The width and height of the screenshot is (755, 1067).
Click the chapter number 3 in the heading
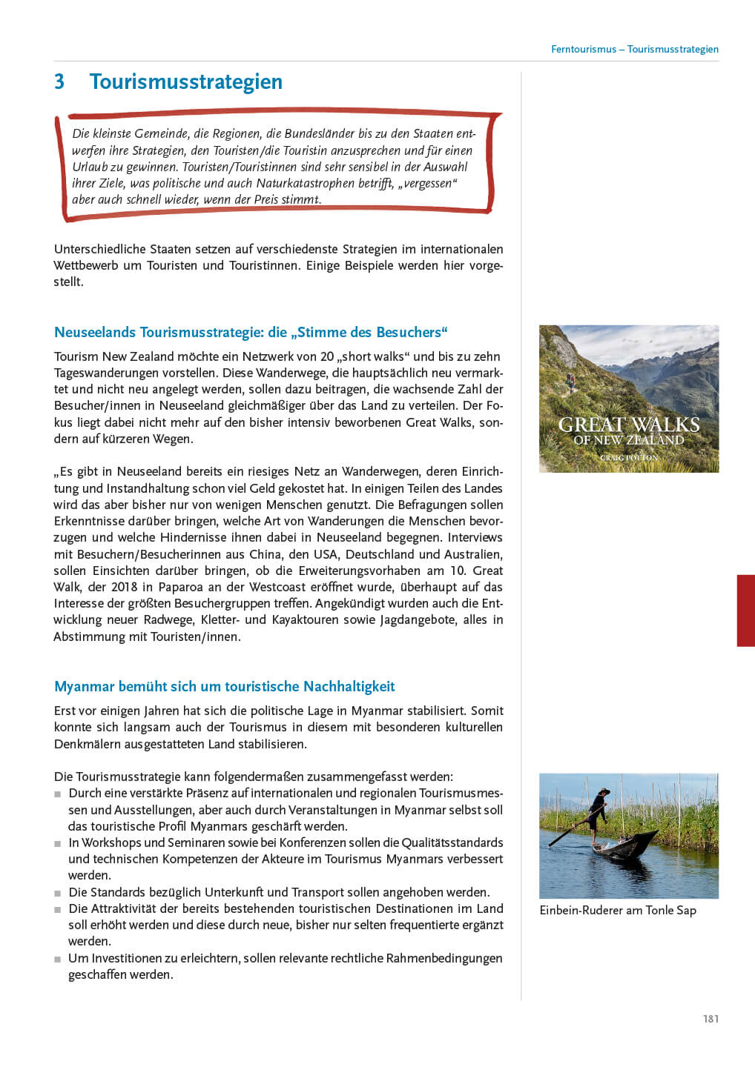pyautogui.click(x=59, y=82)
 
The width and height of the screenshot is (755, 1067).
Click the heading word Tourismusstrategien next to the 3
pyautogui.click(x=185, y=82)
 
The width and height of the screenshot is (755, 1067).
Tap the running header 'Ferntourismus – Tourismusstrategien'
pyautogui.click(x=634, y=50)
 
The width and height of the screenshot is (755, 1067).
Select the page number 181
pyautogui.click(x=711, y=1019)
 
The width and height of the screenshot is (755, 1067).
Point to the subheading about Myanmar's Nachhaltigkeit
pyautogui.click(x=224, y=686)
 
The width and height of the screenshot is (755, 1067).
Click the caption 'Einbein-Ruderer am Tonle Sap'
pyautogui.click(x=618, y=910)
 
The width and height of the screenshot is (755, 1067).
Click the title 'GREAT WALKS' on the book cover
pyautogui.click(x=629, y=425)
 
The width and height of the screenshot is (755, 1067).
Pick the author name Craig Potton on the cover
pyautogui.click(x=629, y=458)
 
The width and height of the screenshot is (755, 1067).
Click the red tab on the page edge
pyautogui.click(x=745, y=611)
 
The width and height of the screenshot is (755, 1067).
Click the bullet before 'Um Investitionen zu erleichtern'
pyautogui.click(x=58, y=959)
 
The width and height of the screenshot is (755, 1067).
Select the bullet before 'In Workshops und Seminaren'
pyautogui.click(x=58, y=843)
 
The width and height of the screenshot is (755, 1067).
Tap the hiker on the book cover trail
pyautogui.click(x=570, y=382)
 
